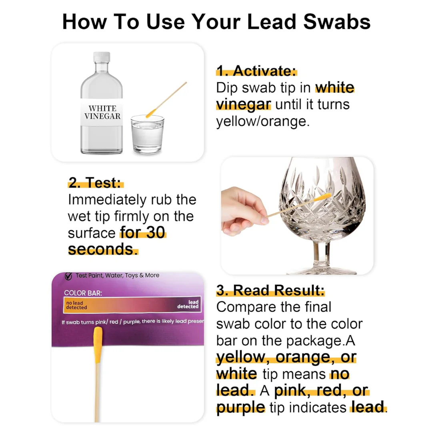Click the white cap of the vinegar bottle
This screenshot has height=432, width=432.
click(x=102, y=57)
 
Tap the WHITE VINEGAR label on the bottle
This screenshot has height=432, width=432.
click(x=102, y=112)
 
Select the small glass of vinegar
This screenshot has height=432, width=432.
click(x=147, y=134)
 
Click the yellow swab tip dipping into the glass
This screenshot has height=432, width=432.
click(x=151, y=113)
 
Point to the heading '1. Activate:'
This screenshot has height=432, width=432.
click(x=256, y=71)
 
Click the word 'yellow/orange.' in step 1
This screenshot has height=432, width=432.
click(x=263, y=121)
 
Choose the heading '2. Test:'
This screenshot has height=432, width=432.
click(x=95, y=182)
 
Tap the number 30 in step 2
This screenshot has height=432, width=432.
click(x=155, y=232)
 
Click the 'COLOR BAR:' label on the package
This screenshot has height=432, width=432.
click(x=83, y=293)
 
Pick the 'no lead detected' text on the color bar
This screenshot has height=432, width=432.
click(x=76, y=305)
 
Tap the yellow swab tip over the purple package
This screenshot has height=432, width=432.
click(x=98, y=345)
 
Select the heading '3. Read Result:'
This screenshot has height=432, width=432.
click(x=270, y=290)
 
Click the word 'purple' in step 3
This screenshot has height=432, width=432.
click(x=240, y=407)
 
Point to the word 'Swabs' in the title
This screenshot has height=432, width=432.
click(x=337, y=22)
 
